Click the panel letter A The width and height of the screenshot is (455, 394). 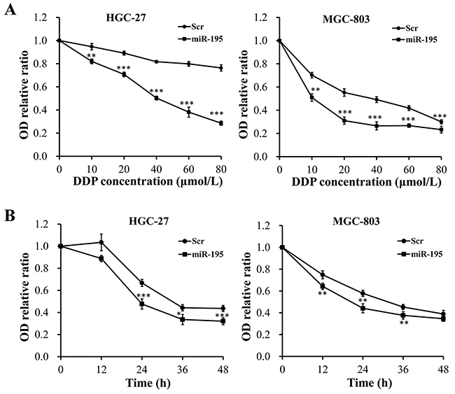pos(8,10)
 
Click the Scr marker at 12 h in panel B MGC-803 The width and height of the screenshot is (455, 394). pos(322,274)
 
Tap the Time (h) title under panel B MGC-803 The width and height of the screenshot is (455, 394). pos(361,384)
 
